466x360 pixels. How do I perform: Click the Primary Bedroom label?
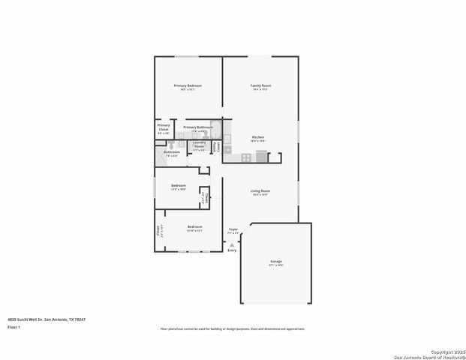click(x=188, y=86)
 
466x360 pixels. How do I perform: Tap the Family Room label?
click(x=260, y=86)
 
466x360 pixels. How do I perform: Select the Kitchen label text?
click(x=257, y=137)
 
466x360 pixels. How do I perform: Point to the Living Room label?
click(x=260, y=191)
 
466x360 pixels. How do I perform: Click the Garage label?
click(x=276, y=262)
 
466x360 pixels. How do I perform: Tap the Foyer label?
click(x=233, y=229)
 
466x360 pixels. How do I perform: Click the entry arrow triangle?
click(x=233, y=244)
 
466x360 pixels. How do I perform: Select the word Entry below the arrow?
click(x=232, y=250)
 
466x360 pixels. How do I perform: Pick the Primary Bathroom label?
click(x=198, y=127)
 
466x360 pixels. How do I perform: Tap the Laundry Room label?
click(x=199, y=144)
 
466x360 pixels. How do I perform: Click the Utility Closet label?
click(x=218, y=146)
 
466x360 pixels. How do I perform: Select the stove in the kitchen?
click(x=247, y=157)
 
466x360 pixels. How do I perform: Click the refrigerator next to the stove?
click(x=261, y=156)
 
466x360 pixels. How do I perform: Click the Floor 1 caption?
click(x=14, y=328)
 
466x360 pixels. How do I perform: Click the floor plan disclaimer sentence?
click(x=233, y=328)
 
